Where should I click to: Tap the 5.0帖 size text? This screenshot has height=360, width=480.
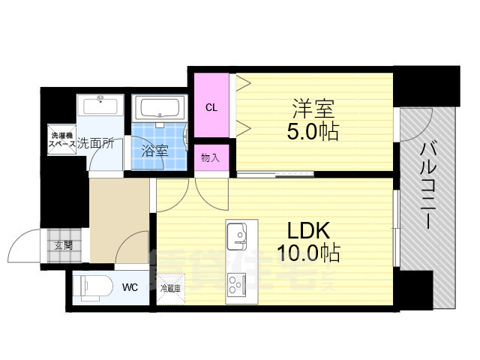(313, 132)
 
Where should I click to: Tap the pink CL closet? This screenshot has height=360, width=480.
(212, 107)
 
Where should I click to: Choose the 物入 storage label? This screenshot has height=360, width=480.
(211, 157)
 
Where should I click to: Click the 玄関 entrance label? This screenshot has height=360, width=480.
(62, 245)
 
